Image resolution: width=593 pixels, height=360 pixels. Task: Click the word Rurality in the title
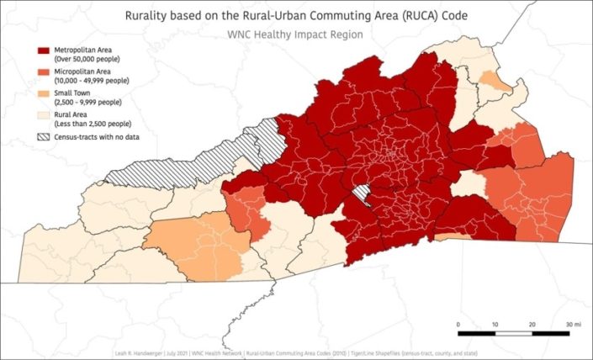tap(149, 16)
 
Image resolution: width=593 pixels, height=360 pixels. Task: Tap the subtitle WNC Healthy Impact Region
tap(295, 35)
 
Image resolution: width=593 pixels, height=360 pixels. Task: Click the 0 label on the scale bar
tap(458, 324)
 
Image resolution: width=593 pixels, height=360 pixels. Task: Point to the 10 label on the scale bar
tap(495, 324)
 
